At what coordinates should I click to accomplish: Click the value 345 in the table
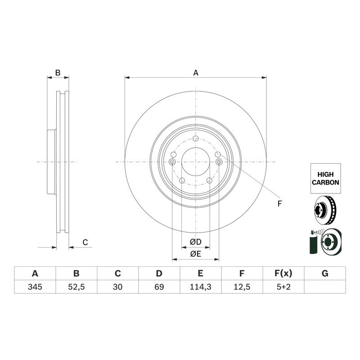point(35,287)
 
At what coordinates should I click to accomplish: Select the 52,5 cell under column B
point(76,287)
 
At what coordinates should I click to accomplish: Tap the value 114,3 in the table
point(200,287)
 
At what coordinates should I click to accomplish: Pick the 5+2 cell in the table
point(283,287)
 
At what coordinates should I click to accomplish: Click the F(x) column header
point(283,274)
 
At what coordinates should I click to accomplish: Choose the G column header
point(325,274)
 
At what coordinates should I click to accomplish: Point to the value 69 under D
point(159,287)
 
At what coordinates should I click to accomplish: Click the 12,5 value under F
point(242,287)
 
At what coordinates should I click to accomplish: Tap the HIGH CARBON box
point(325,178)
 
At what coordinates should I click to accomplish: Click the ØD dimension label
point(196,242)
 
